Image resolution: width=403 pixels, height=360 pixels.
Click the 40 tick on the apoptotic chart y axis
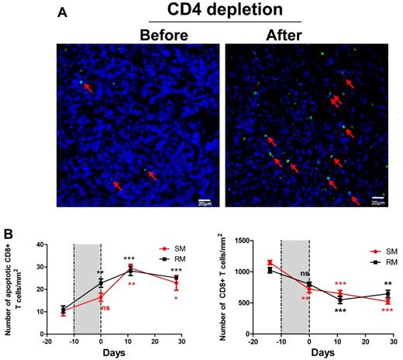point(37,244)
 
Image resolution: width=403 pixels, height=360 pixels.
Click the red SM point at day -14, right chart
point(270,262)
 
